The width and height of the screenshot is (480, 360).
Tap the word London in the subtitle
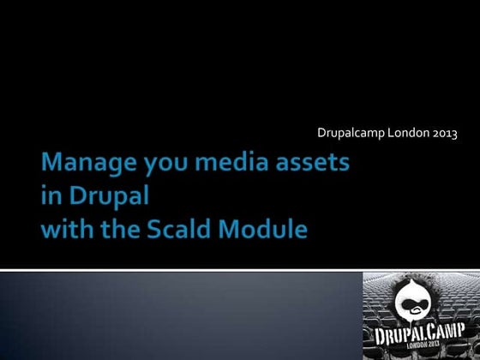[x=406, y=133]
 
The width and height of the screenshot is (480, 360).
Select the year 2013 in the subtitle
[x=444, y=133]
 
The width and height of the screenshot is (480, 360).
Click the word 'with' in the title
[x=69, y=229]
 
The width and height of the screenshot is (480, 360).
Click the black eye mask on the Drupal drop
[x=416, y=303]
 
